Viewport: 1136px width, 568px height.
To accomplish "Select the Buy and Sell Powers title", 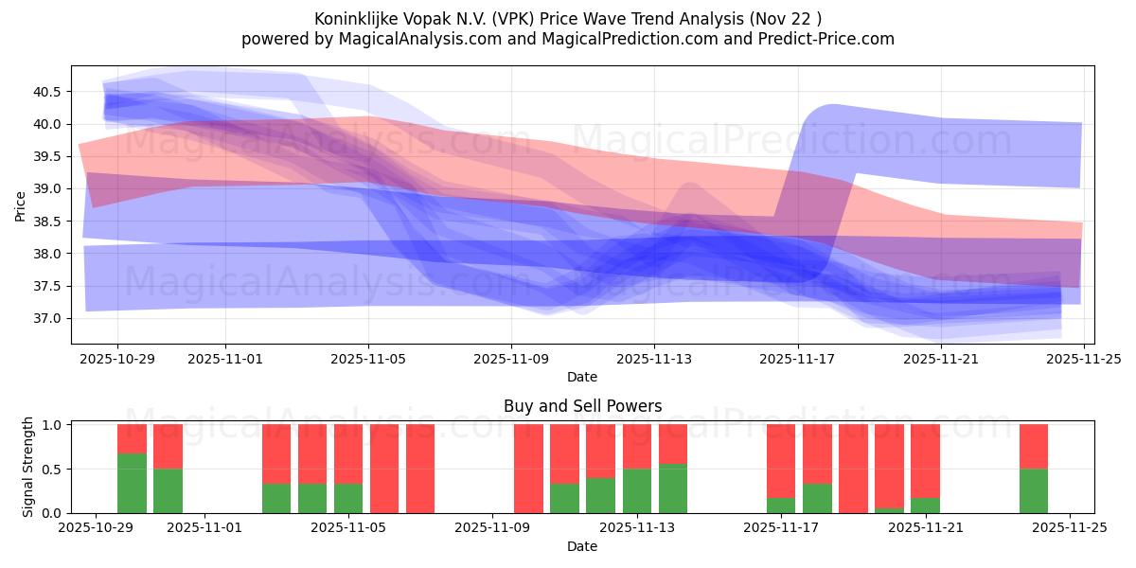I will [582, 406].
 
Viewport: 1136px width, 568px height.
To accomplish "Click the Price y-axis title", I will [20, 204].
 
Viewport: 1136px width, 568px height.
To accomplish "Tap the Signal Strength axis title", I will [28, 467].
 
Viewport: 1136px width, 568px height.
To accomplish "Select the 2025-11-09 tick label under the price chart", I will [511, 360].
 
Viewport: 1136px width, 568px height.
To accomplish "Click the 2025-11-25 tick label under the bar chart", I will [1070, 529].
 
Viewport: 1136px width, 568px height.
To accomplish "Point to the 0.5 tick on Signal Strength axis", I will [53, 470].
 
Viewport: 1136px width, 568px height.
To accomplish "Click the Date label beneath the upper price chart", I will [582, 377].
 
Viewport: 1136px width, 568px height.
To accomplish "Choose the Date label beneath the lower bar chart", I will [582, 546].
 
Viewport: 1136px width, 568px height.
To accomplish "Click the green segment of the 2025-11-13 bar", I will [637, 490].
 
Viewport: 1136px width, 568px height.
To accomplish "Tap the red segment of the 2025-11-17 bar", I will [781, 459].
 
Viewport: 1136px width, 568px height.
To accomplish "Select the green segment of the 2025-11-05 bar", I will [348, 498].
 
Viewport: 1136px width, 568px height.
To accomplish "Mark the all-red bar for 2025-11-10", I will [528, 469].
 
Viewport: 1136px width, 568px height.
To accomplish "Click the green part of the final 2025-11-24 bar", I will [1034, 490].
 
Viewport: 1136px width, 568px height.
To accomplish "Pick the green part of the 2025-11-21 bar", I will [925, 506].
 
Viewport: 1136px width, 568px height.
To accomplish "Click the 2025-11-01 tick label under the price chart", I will [225, 360].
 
